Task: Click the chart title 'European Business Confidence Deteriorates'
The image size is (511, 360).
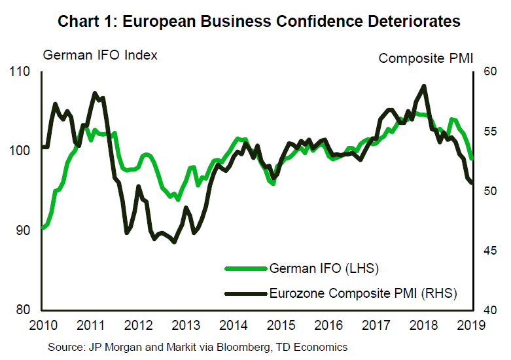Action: pyautogui.click(x=259, y=22)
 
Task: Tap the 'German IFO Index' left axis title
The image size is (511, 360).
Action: pyautogui.click(x=100, y=55)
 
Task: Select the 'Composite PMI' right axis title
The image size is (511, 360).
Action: pyautogui.click(x=425, y=58)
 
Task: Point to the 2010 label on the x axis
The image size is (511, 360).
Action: pyautogui.click(x=41, y=325)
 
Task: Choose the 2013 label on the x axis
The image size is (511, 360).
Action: pyautogui.click(x=185, y=325)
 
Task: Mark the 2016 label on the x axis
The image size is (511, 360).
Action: pyautogui.click(x=329, y=325)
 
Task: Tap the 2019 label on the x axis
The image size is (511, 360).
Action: pyautogui.click(x=472, y=325)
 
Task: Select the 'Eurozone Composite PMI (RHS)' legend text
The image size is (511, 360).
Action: pyautogui.click(x=363, y=293)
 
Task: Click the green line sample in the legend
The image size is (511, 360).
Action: pyautogui.click(x=246, y=268)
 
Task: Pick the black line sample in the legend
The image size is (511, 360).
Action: pyautogui.click(x=246, y=293)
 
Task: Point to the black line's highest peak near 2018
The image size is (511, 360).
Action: pyautogui.click(x=424, y=86)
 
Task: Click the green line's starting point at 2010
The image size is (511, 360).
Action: pyautogui.click(x=43, y=228)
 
